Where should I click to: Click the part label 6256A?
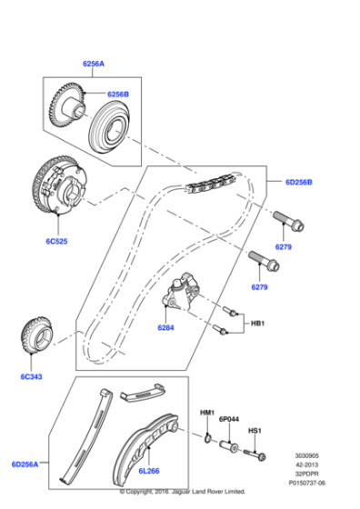tap(95, 65)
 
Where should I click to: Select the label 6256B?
tap(119, 95)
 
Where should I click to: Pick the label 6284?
tap(166, 326)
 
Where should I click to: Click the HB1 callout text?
tap(257, 324)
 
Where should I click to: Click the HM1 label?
tap(207, 414)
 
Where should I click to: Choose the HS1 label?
tap(255, 431)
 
